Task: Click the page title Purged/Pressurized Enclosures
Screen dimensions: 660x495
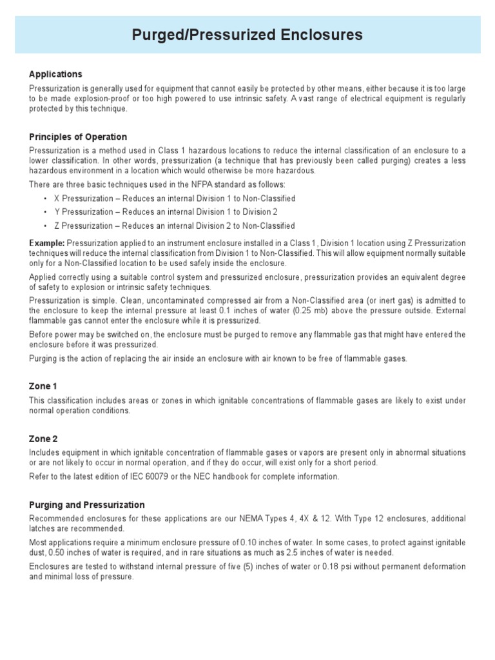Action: click(x=247, y=35)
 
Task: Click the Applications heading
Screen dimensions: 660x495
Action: click(x=55, y=74)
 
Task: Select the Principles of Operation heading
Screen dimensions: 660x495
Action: click(x=78, y=137)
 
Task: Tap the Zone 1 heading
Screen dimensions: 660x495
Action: click(x=43, y=386)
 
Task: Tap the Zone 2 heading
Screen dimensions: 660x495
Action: click(x=43, y=438)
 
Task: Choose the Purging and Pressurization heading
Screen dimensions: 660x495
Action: click(x=87, y=505)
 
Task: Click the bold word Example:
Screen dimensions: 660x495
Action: click(x=47, y=243)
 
